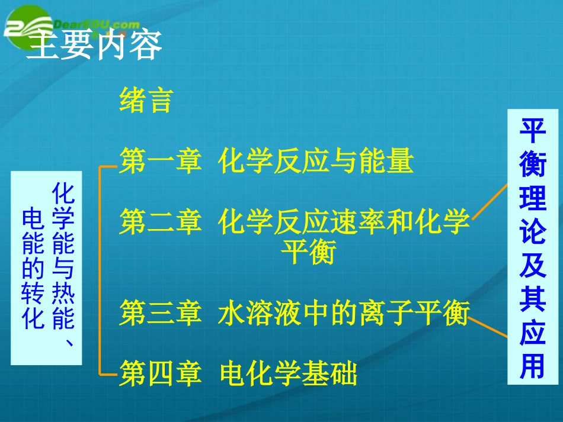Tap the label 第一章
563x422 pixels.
(160, 161)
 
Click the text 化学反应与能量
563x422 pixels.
(315, 161)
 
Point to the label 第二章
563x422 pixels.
(160, 223)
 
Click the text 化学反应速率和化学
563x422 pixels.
(344, 223)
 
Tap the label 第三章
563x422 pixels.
(160, 313)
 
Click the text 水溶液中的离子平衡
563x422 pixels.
(344, 313)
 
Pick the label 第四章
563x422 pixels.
(160, 374)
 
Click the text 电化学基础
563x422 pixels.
(288, 374)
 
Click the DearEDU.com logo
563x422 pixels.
(71, 25)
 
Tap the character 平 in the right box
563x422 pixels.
(532, 131)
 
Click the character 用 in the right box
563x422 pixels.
(532, 367)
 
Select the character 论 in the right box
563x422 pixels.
(532, 233)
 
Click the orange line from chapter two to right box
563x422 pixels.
(490, 201)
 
